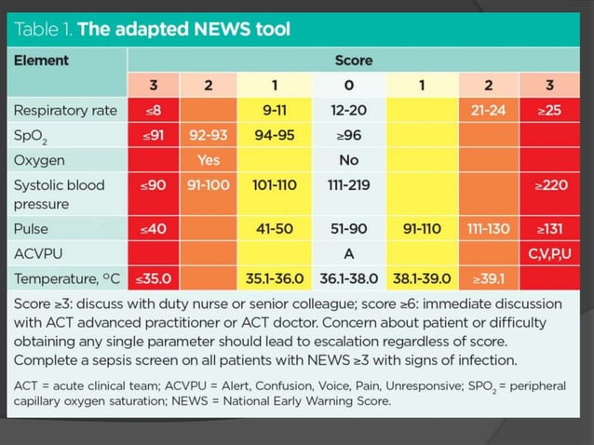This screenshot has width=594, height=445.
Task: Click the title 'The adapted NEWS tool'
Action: tap(183, 29)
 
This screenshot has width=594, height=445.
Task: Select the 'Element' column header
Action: tap(41, 61)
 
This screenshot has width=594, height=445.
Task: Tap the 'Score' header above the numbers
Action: tap(353, 61)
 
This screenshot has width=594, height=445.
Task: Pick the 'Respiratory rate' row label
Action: tap(65, 110)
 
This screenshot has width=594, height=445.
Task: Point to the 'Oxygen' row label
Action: tap(40, 159)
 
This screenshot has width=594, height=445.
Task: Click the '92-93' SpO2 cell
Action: tap(209, 135)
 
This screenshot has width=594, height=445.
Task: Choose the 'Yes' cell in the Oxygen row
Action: tap(209, 159)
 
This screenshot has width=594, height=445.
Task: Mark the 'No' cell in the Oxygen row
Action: tap(349, 159)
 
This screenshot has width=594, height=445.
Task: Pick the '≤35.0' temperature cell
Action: tap(154, 277)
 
